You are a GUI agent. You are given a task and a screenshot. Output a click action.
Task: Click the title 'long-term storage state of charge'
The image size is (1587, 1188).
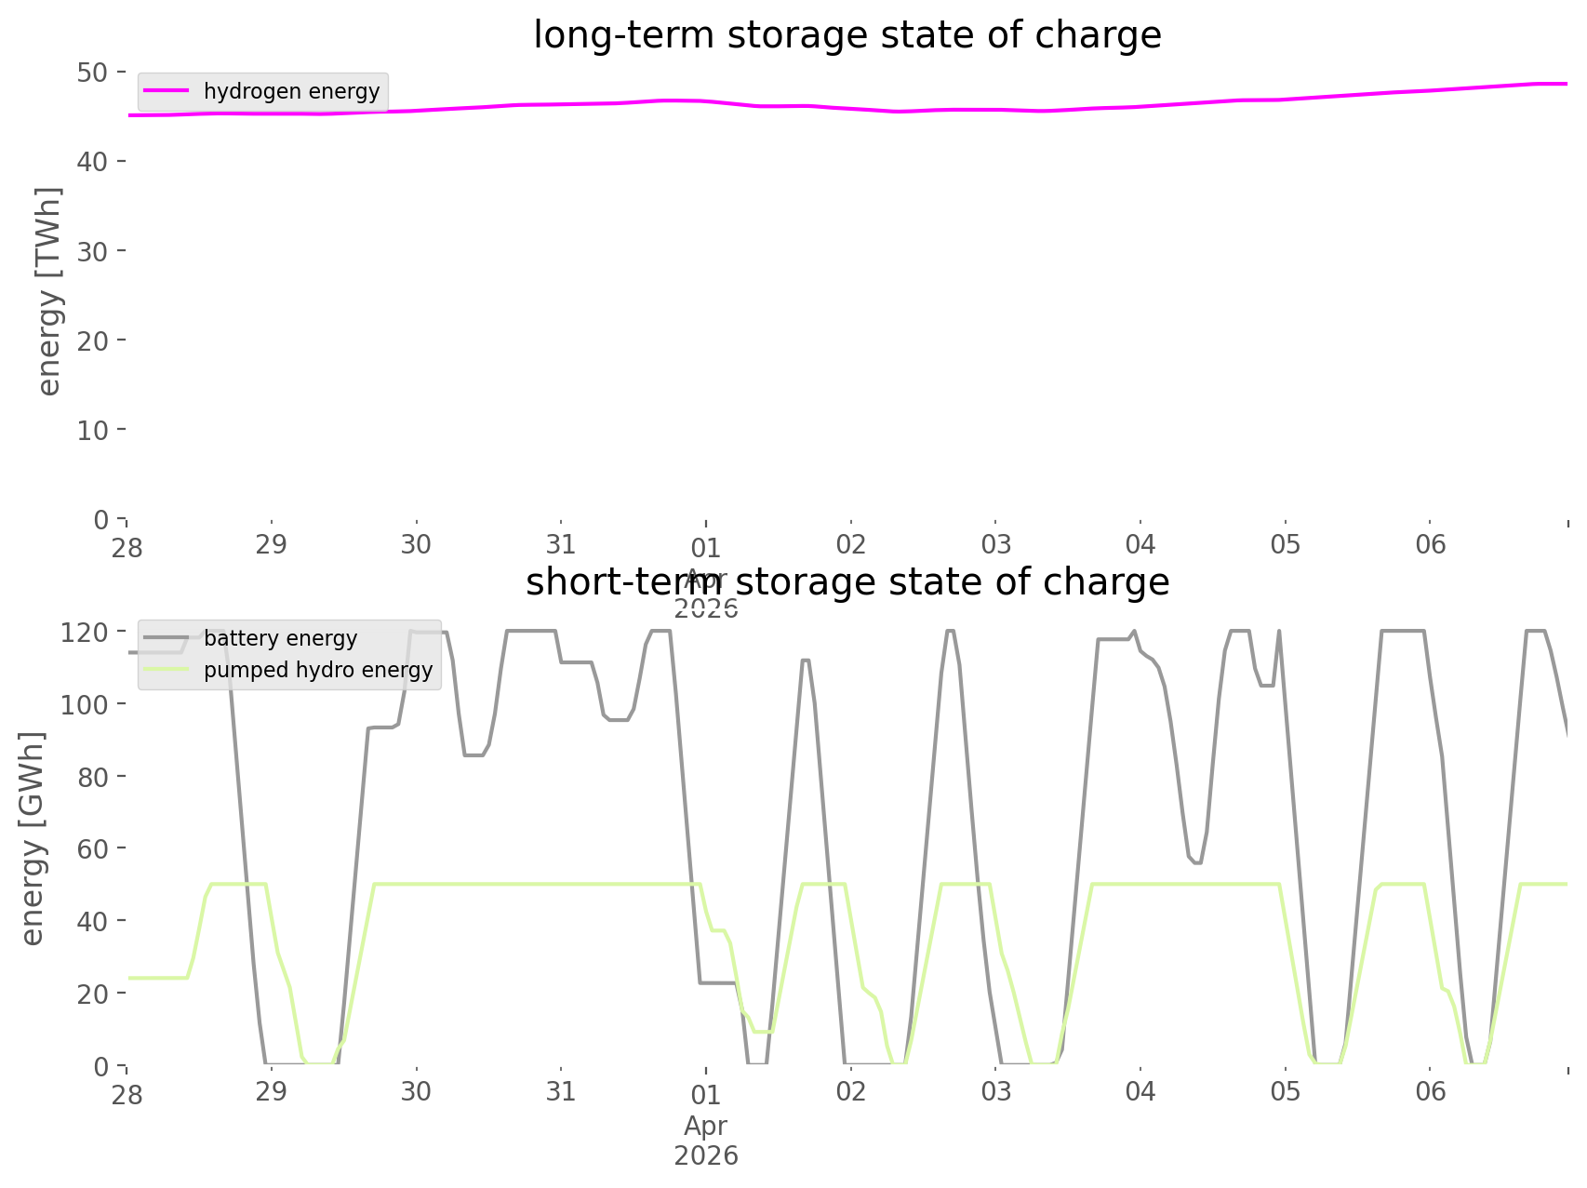(x=847, y=35)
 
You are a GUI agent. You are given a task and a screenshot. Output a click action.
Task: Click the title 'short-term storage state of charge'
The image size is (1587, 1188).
(x=847, y=582)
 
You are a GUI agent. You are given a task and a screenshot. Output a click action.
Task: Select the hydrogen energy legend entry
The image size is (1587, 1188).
(x=291, y=91)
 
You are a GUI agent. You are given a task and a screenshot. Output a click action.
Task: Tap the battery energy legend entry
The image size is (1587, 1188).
(x=280, y=638)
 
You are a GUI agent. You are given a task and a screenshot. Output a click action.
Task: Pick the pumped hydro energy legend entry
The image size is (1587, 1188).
(x=318, y=670)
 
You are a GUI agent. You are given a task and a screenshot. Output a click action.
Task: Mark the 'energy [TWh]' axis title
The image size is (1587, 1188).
(x=49, y=291)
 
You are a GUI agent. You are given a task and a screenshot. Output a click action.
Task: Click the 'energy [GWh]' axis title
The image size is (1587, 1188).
(x=33, y=838)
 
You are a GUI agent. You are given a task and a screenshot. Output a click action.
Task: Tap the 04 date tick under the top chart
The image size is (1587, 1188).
(x=1140, y=544)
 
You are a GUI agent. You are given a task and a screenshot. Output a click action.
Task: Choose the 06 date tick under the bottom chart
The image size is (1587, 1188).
(x=1431, y=1091)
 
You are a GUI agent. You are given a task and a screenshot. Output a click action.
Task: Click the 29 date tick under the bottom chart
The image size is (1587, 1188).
(x=272, y=1091)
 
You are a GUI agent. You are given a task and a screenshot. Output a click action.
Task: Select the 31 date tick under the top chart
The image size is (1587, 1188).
(x=561, y=544)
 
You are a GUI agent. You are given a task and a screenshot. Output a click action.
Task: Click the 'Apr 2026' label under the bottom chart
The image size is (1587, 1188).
(x=706, y=1141)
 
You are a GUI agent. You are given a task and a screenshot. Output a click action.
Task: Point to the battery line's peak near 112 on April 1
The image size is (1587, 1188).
(x=806, y=660)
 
